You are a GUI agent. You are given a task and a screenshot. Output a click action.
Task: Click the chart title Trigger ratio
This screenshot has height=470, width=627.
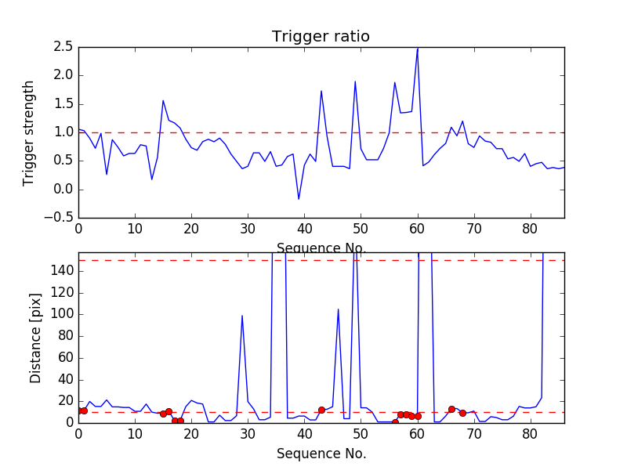pyautogui.click(x=321, y=37)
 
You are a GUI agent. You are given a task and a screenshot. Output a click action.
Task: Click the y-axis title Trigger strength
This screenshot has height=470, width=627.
pyautogui.click(x=29, y=132)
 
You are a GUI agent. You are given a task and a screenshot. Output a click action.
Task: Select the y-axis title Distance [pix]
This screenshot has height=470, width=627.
pyautogui.click(x=35, y=338)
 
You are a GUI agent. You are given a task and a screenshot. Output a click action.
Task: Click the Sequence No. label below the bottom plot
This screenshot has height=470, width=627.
pyautogui.click(x=321, y=454)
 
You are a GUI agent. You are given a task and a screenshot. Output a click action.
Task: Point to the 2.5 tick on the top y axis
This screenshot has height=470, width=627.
pyautogui.click(x=63, y=47)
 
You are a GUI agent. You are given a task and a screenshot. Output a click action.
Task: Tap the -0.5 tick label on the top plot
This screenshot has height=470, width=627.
pyautogui.click(x=60, y=218)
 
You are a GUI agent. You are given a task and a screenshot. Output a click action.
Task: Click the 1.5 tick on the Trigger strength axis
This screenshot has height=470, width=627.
pyautogui.click(x=63, y=104)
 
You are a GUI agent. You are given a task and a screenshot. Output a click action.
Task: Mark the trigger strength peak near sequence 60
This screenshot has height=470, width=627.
pyautogui.click(x=417, y=49)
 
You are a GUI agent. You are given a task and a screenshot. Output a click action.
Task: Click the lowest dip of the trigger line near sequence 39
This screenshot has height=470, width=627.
pyautogui.click(x=299, y=199)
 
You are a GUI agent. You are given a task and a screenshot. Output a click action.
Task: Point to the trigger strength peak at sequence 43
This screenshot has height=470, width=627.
pyautogui.click(x=321, y=91)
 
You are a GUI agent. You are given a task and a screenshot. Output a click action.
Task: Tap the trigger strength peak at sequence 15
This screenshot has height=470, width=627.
pyautogui.click(x=163, y=100)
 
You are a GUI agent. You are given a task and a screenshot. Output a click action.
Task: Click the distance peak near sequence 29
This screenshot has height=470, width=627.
pyautogui.click(x=242, y=316)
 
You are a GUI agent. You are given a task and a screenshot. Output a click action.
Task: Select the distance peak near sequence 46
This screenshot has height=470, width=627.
pyautogui.click(x=338, y=309)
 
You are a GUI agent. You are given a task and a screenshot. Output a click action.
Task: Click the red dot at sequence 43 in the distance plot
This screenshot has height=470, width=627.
pyautogui.click(x=321, y=410)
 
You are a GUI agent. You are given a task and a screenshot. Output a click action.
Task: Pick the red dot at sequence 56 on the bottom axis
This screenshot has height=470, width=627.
pyautogui.click(x=395, y=422)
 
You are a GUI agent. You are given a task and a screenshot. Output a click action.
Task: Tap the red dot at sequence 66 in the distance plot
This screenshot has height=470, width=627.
pyautogui.click(x=451, y=409)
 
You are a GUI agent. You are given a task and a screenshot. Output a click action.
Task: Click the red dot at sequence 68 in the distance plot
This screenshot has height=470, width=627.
pyautogui.click(x=462, y=413)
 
